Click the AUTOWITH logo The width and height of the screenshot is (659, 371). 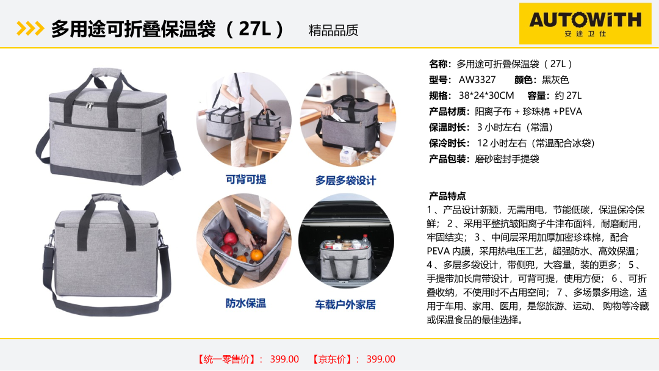pos(585,24)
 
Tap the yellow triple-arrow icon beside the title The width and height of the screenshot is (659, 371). pos(31,29)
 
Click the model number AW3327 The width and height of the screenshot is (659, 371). pos(477,80)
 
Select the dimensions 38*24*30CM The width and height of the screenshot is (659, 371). pos(486,96)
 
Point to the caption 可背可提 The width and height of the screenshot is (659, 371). pos(246,180)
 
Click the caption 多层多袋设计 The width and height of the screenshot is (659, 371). pos(345,181)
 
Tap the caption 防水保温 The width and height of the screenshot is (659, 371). pos(246,303)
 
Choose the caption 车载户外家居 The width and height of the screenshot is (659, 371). pos(345,304)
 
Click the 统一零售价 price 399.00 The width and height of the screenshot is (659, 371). pos(284,359)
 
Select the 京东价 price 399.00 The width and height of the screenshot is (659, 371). pos(381,359)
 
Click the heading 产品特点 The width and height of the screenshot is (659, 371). pos(447,196)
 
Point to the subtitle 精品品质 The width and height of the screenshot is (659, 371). pos(333,31)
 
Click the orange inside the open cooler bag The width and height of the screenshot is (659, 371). pos(256,254)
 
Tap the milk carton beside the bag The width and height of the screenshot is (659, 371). pos(345,156)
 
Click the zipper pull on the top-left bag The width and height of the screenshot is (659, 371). pos(90,105)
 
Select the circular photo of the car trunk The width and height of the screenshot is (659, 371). pos(347,241)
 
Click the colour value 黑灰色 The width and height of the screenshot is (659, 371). pos(555,80)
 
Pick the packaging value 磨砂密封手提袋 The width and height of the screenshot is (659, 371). pos(507,159)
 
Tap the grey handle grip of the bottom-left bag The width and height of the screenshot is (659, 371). pos(106,198)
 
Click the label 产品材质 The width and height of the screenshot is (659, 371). pos(449,112)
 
